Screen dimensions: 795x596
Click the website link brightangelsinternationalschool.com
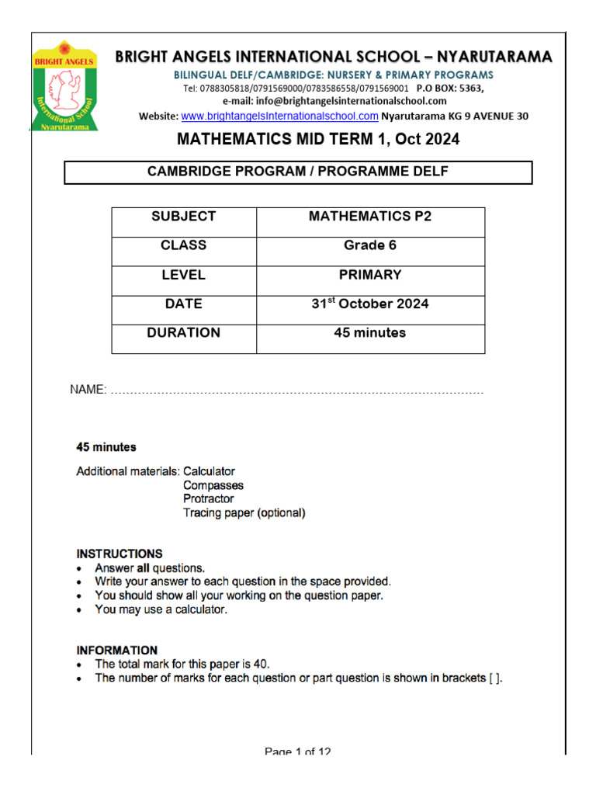(x=279, y=116)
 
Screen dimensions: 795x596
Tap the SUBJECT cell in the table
(x=184, y=217)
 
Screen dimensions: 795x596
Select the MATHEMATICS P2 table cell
(x=370, y=217)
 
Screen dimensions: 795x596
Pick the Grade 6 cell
(x=370, y=245)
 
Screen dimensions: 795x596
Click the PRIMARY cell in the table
(x=370, y=275)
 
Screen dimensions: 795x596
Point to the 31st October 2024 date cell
(x=370, y=304)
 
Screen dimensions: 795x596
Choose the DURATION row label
(x=184, y=333)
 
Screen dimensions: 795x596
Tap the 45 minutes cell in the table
(x=370, y=333)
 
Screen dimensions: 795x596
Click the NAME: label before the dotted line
(x=88, y=390)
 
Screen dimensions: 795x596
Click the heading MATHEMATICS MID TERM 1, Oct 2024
(x=318, y=141)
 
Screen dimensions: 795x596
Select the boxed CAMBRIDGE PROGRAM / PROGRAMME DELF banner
(x=298, y=172)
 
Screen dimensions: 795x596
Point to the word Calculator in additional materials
(x=209, y=471)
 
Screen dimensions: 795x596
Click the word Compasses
(x=213, y=485)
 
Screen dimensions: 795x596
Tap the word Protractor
(x=208, y=499)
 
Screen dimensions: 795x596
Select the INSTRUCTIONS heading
(x=120, y=554)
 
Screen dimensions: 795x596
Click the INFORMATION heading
(x=116, y=651)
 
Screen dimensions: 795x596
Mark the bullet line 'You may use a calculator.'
(x=161, y=610)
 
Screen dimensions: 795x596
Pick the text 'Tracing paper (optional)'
(x=244, y=513)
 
